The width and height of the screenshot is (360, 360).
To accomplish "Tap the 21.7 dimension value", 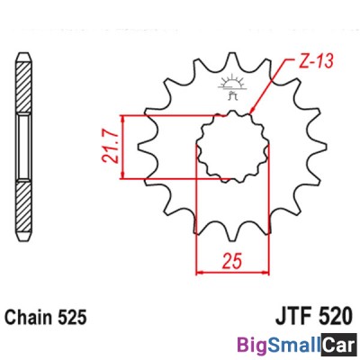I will point(108,147).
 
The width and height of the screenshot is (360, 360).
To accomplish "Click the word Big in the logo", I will point(253,345).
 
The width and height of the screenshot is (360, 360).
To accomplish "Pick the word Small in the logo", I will point(294,345).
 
